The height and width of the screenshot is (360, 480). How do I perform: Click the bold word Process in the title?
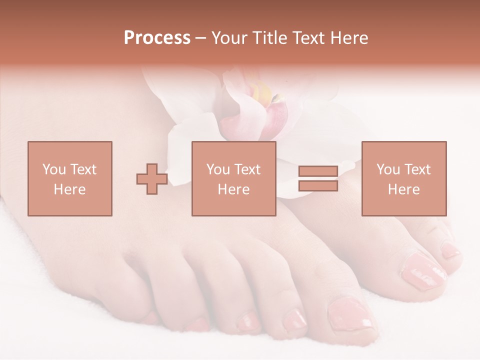pyautogui.click(x=157, y=38)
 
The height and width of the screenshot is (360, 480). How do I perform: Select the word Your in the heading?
pyautogui.click(x=231, y=38)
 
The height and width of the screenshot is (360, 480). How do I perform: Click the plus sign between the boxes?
pyautogui.click(x=152, y=179)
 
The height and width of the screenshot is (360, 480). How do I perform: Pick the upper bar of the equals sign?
pyautogui.click(x=318, y=171)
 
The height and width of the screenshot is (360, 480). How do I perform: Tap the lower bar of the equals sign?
pyautogui.click(x=318, y=185)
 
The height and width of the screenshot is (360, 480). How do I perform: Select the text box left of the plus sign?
pyautogui.click(x=70, y=178)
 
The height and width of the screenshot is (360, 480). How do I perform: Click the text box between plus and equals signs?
pyautogui.click(x=234, y=178)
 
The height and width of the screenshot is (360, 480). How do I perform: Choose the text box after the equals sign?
pyautogui.click(x=404, y=178)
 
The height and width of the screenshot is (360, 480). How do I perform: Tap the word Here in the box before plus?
pyautogui.click(x=70, y=189)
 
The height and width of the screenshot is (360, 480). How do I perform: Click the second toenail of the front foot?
pyautogui.click(x=294, y=318)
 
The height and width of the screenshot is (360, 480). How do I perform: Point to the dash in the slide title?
pyautogui.click(x=201, y=38)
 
